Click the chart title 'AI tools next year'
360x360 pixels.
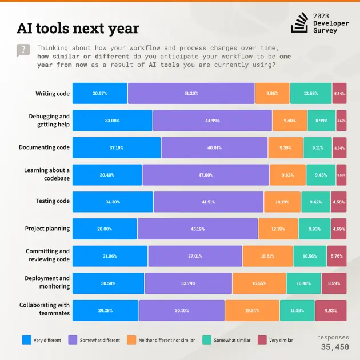tap(78, 28)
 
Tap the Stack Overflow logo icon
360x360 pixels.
tap(299, 22)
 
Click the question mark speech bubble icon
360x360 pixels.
tap(23, 50)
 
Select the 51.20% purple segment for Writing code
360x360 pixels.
tap(191, 93)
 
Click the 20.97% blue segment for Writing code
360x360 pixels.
tap(99, 93)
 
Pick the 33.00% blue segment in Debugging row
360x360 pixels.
tap(112, 121)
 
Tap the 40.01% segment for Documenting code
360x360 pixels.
tap(214, 147)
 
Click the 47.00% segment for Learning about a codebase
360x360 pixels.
tap(206, 175)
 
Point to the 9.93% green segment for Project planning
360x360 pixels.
tap(314, 229)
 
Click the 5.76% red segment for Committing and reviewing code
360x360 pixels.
tap(337, 256)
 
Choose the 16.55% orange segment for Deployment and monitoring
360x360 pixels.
tap(259, 283)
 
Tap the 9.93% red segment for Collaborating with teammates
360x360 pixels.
tap(331, 310)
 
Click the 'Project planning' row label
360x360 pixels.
tap(47, 229)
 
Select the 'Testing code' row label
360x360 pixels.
tap(53, 201)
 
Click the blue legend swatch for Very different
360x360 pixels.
tap(26, 340)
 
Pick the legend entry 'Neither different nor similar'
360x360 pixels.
tap(166, 340)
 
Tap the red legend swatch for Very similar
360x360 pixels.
tap(262, 340)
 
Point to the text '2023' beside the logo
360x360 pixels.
tap(321, 15)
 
